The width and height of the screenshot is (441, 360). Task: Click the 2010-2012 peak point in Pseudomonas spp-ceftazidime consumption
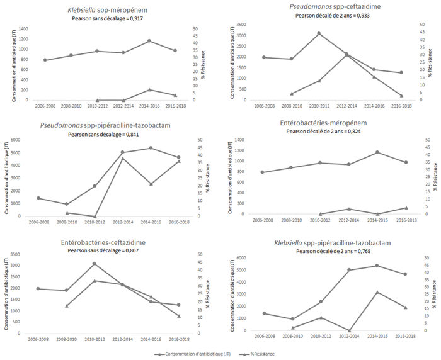pyautogui.click(x=319, y=33)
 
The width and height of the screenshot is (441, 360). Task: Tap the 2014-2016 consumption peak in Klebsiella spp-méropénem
pyautogui.click(x=149, y=41)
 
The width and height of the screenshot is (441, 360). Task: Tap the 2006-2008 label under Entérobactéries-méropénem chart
pyautogui.click(x=263, y=220)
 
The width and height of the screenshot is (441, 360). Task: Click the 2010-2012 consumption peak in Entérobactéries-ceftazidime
pyautogui.click(x=94, y=264)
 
